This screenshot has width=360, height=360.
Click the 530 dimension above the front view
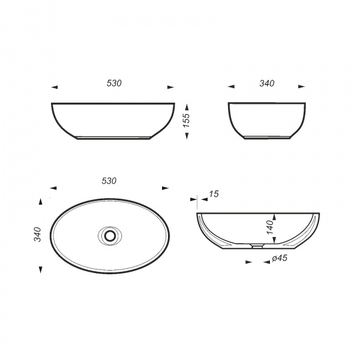tap(114, 83)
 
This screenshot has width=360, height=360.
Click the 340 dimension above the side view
tap(267, 83)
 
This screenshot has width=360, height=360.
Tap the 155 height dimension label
tap(186, 121)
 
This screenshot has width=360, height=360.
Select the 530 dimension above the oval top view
tap(109, 181)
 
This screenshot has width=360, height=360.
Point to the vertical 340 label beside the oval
tap(37, 234)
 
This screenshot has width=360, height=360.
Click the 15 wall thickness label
tap(214, 194)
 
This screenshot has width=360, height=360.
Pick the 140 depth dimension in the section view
tap(270, 227)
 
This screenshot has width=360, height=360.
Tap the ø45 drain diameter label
tap(280, 258)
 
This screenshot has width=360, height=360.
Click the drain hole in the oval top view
tap(110, 236)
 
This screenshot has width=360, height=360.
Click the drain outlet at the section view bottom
tap(257, 246)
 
